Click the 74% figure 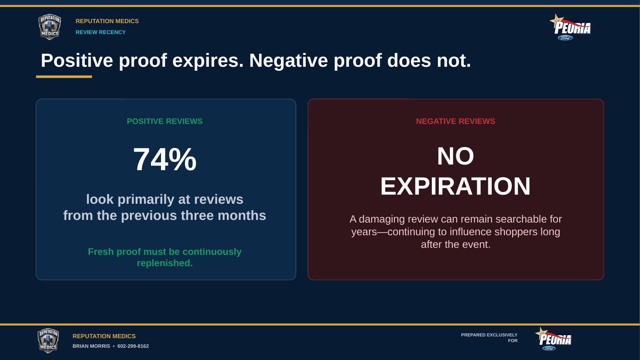[x=165, y=159]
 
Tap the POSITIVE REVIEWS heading [x=164, y=121]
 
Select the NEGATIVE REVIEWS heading [x=456, y=121]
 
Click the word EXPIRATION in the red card [x=455, y=186]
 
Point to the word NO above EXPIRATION [x=456, y=156]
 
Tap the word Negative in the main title [x=288, y=61]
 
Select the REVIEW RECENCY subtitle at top [x=101, y=32]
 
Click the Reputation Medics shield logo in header [x=50, y=27]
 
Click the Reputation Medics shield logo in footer [x=48, y=340]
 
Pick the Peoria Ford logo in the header [x=571, y=27]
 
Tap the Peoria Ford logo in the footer [x=554, y=339]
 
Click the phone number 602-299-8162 [x=133, y=346]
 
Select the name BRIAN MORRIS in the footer [x=91, y=346]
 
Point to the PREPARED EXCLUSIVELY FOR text [x=489, y=338]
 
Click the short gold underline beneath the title [x=64, y=76]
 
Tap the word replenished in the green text [x=165, y=263]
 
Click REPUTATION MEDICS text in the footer [x=104, y=336]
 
